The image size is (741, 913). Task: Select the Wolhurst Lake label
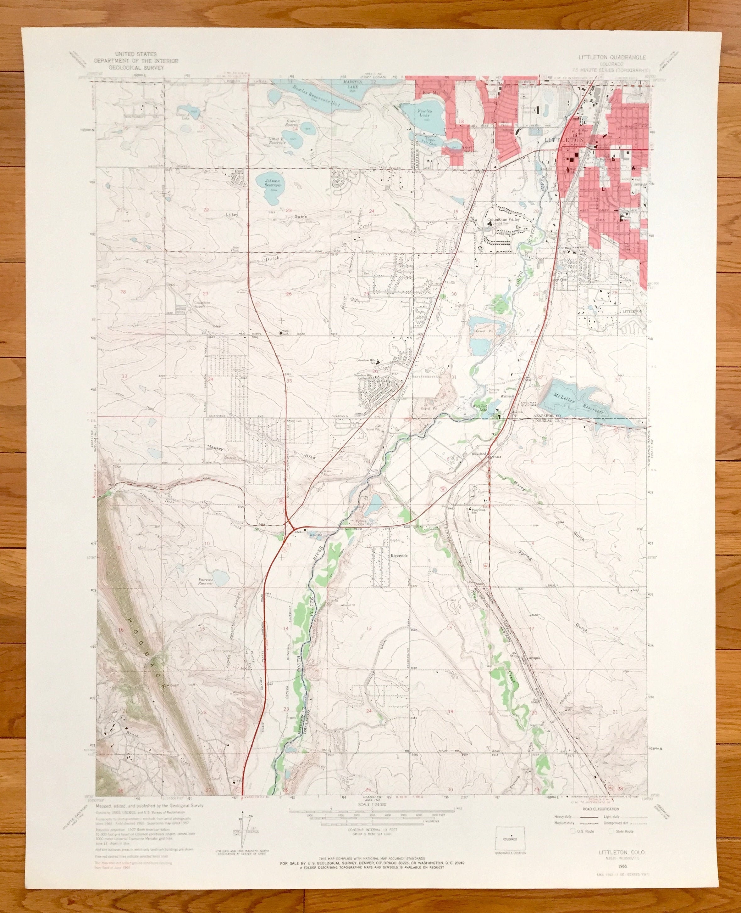click(x=479, y=408)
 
